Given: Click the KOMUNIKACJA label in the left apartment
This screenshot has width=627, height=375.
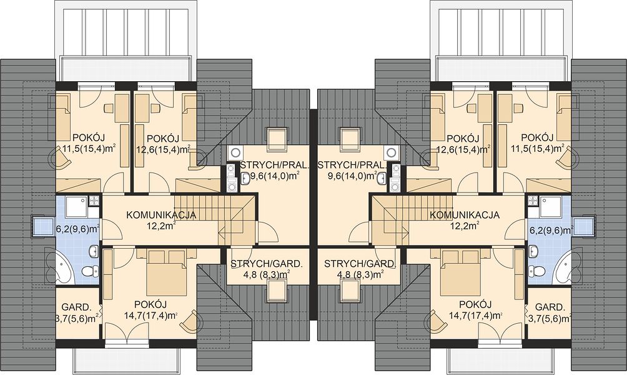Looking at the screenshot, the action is click(x=161, y=215).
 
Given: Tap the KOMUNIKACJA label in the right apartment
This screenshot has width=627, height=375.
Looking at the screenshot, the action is click(x=465, y=215).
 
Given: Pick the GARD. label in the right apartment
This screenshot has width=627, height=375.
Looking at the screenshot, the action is click(x=550, y=307).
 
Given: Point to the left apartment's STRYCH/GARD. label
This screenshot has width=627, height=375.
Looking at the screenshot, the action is click(x=266, y=264).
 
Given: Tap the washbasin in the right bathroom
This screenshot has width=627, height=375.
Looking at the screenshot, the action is click(x=534, y=251).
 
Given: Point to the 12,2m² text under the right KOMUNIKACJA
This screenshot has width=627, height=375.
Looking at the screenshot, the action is click(x=465, y=226).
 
